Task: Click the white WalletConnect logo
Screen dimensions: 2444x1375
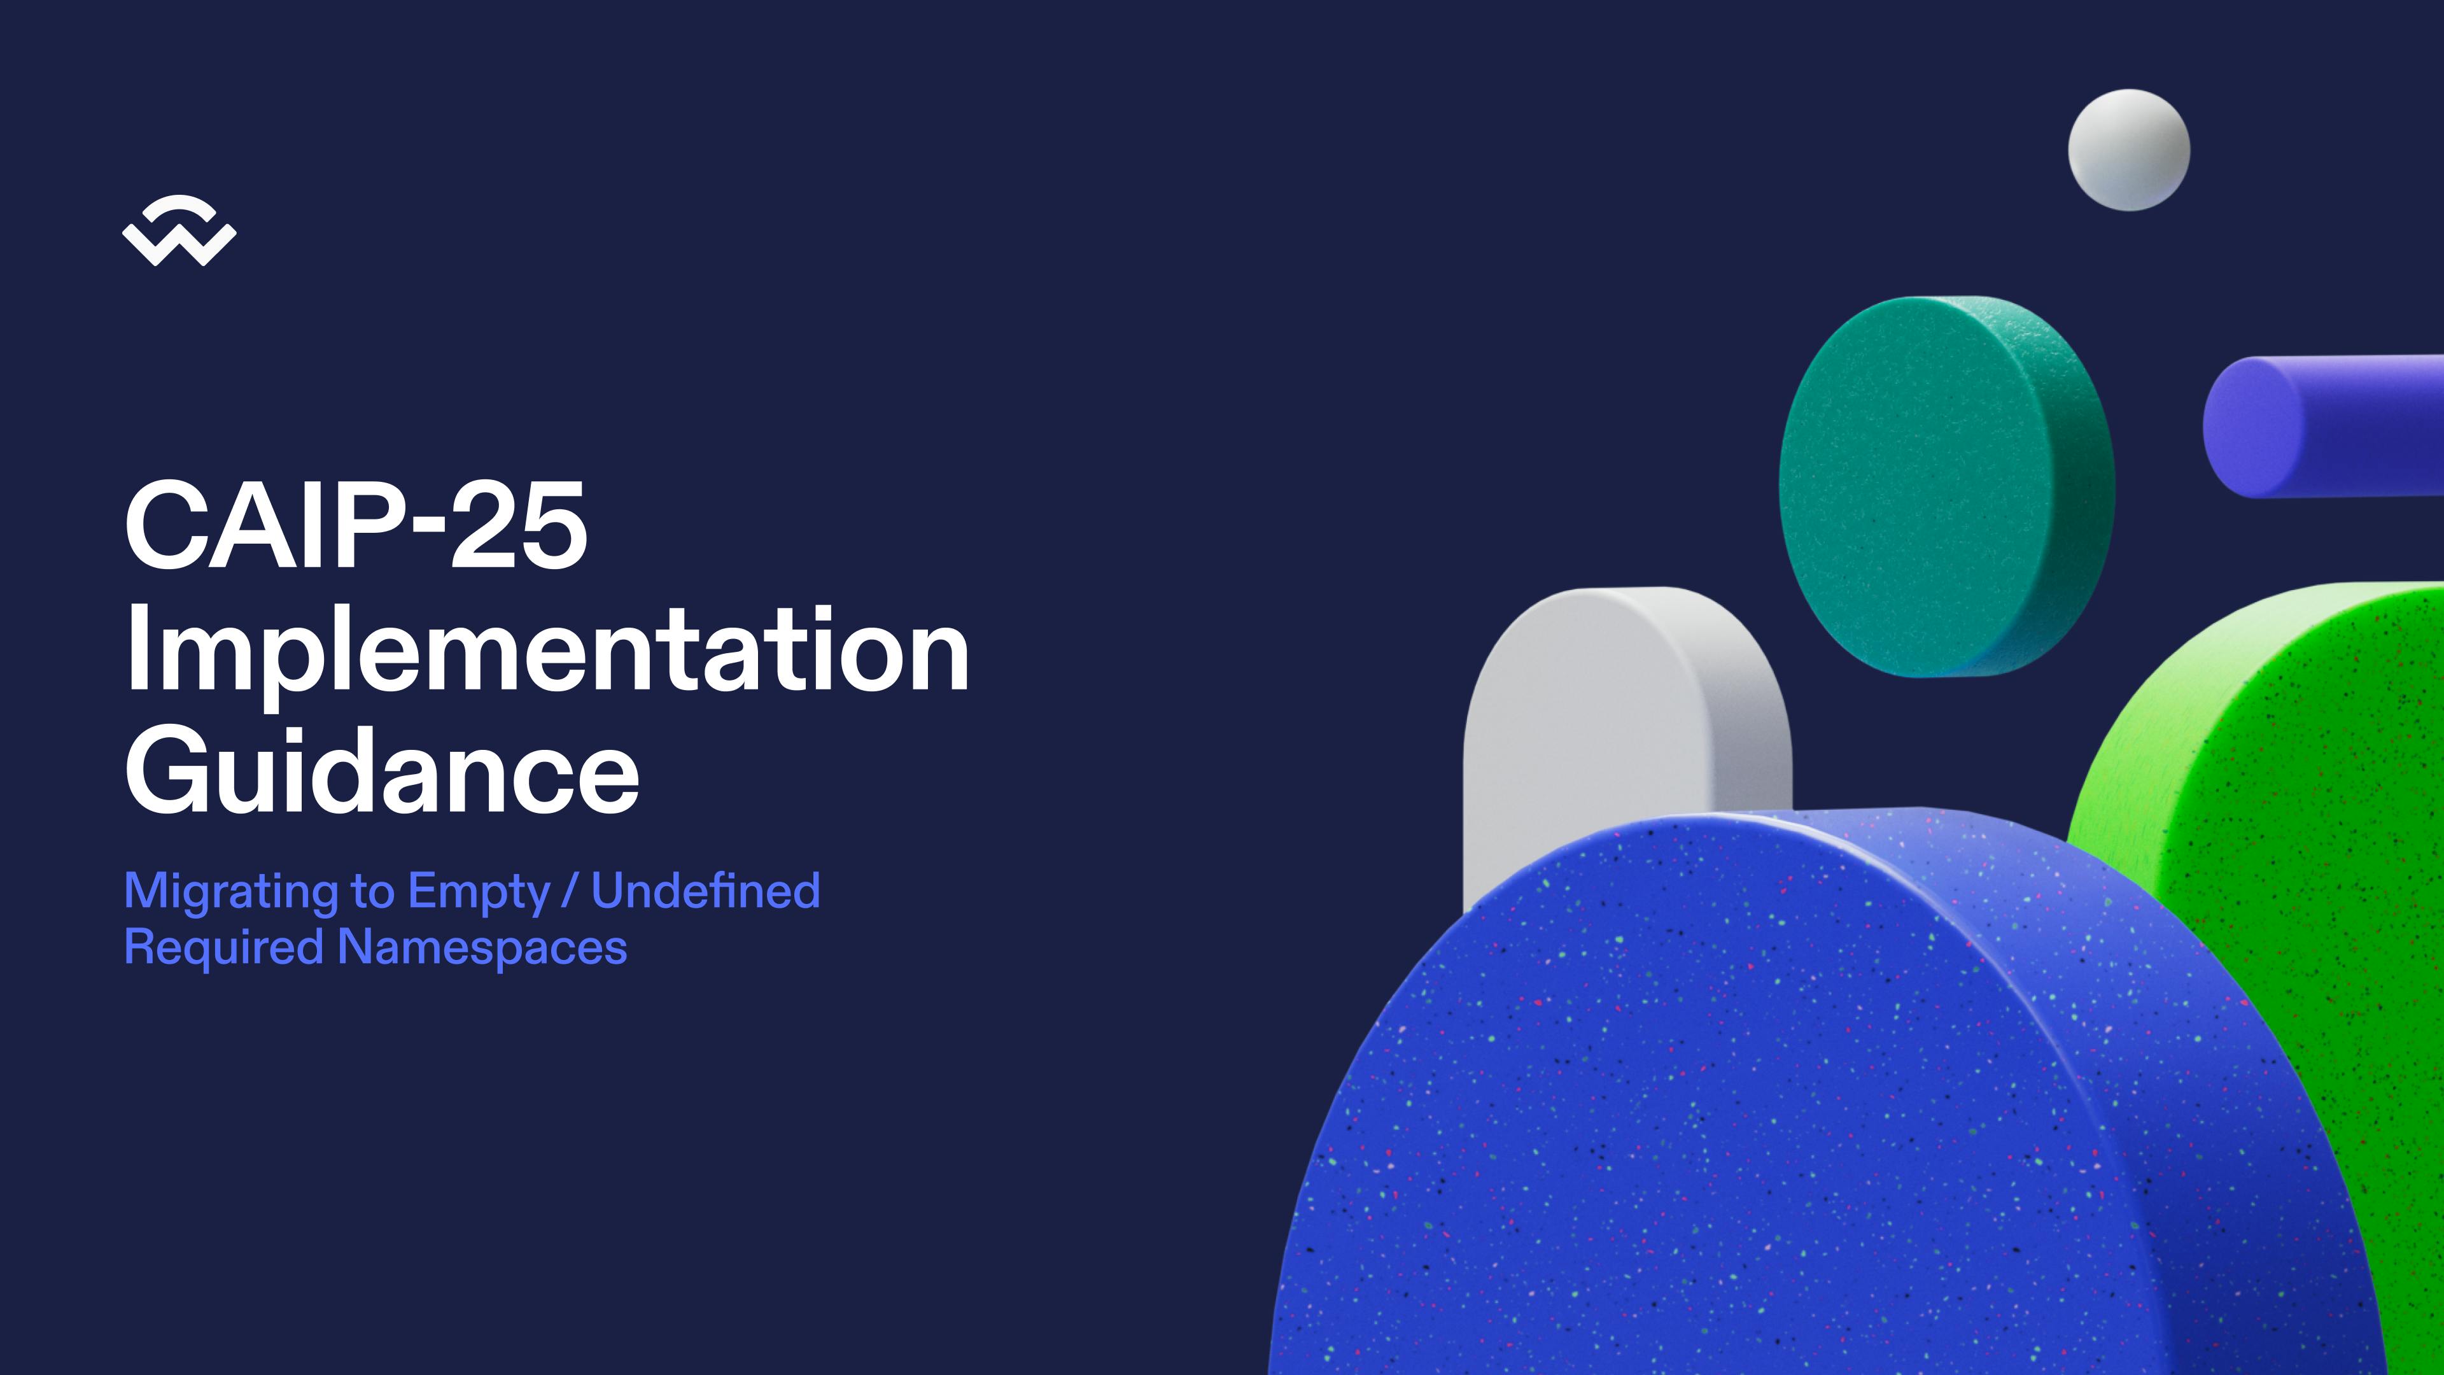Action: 179,230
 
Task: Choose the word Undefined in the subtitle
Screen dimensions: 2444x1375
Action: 706,890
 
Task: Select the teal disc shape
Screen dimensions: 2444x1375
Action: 1947,487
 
